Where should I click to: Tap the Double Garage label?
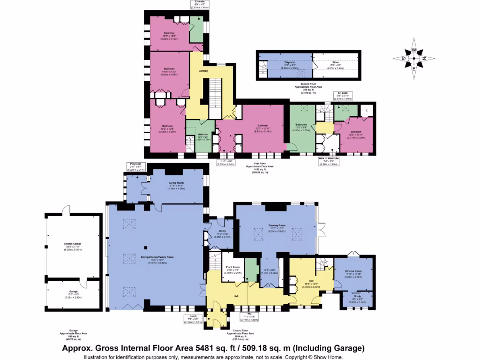click(73, 244)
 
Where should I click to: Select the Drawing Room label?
click(277, 229)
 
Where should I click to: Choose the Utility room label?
click(222, 231)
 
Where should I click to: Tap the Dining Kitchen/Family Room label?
click(154, 257)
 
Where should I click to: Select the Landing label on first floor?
click(203, 71)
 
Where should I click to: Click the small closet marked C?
click(367, 110)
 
